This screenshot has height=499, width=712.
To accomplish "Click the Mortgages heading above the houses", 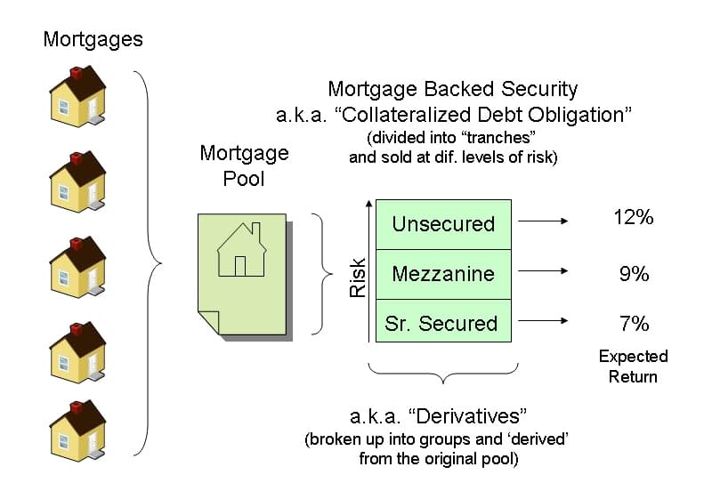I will pyautogui.click(x=92, y=39).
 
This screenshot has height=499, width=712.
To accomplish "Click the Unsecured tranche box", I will pyautogui.click(x=443, y=223).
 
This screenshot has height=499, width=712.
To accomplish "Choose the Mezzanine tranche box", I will pyautogui.click(x=443, y=274).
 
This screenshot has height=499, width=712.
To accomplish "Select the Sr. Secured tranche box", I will pyautogui.click(x=443, y=323).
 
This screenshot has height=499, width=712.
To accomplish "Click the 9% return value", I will pyautogui.click(x=634, y=274).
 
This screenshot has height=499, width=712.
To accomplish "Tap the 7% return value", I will pyautogui.click(x=634, y=322).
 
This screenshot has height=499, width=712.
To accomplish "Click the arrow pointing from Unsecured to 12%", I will pyautogui.click(x=543, y=222).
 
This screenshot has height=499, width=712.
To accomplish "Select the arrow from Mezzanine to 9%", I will pyautogui.click(x=543, y=274).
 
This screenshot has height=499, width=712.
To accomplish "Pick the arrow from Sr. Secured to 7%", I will pyautogui.click(x=543, y=323).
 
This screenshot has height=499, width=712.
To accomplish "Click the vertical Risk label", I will pyautogui.click(x=358, y=277).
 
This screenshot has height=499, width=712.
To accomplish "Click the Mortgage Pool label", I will pyautogui.click(x=244, y=165).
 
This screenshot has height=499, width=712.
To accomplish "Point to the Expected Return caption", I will pyautogui.click(x=633, y=366).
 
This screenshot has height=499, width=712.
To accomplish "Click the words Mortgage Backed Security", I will pyautogui.click(x=452, y=89).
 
